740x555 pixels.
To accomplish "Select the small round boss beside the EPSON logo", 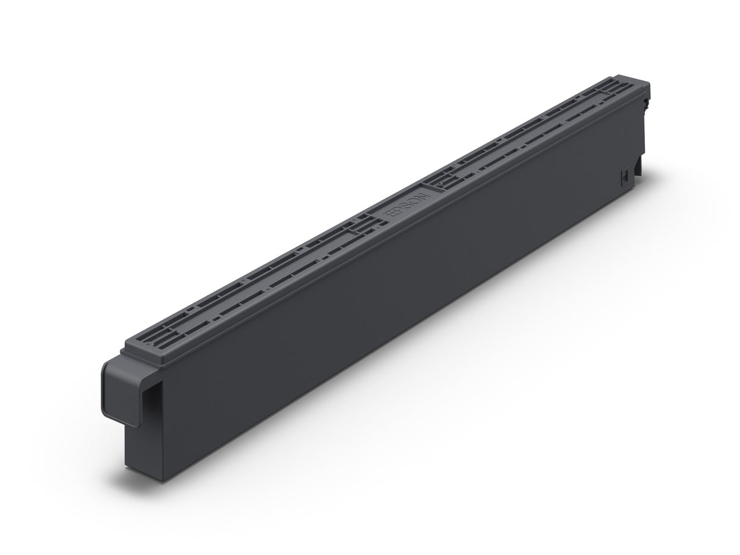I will pos(366,213).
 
